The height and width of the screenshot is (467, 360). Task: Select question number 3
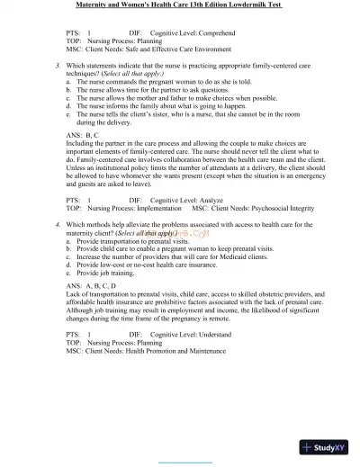tap(58, 66)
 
